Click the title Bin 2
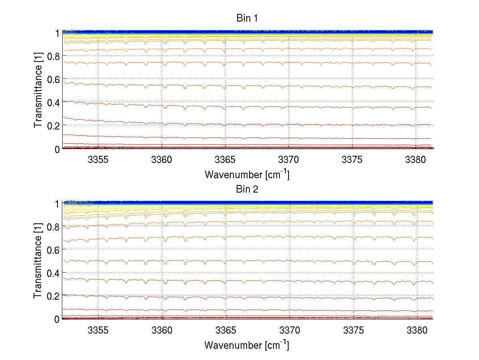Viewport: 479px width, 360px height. [247, 189]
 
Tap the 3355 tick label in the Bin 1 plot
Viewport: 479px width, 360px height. [98, 160]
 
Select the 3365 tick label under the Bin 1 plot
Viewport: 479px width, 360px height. [226, 160]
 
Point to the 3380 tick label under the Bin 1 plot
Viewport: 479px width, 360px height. [416, 160]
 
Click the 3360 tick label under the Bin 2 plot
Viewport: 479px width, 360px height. [162, 330]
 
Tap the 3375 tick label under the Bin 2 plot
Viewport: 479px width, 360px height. [352, 330]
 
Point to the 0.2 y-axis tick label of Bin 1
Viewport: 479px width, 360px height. [53, 125]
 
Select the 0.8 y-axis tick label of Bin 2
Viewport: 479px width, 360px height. [53, 227]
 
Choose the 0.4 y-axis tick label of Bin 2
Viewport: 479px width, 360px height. [53, 273]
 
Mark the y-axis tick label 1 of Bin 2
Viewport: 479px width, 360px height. [57, 203]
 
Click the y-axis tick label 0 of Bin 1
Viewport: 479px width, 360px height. [57, 149]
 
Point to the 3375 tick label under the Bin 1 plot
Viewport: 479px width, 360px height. [352, 160]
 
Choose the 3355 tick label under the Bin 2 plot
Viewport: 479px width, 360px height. [98, 330]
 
